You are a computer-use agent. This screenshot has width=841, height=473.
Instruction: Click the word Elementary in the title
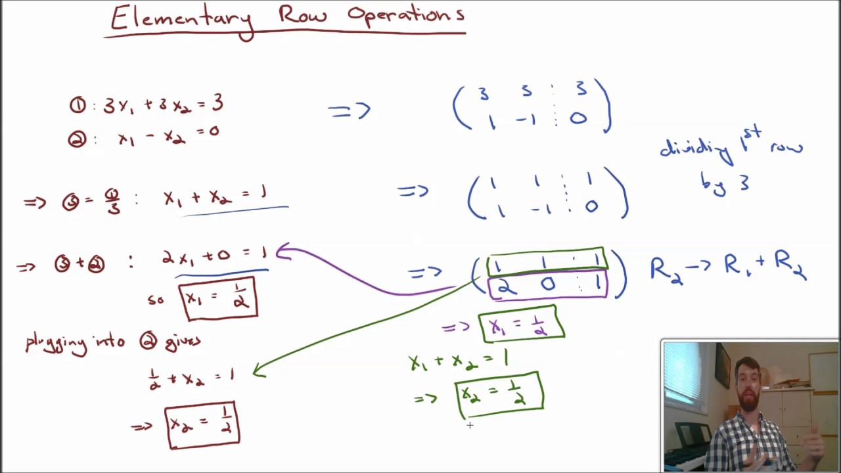click(181, 18)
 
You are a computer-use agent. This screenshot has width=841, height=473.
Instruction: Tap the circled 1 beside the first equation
click(78, 105)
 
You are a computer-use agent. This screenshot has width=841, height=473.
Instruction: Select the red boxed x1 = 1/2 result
click(218, 298)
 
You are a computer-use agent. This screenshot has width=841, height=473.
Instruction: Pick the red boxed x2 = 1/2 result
click(202, 425)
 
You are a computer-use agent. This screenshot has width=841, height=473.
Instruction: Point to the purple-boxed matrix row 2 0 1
click(547, 285)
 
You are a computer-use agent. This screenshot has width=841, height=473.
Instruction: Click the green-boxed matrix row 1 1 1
click(547, 263)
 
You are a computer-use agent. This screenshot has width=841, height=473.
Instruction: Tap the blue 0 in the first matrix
click(578, 119)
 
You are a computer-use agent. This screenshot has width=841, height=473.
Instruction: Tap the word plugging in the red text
click(57, 343)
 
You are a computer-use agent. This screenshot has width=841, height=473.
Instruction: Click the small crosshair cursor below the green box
click(470, 426)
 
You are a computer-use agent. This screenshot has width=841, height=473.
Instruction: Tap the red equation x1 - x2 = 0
click(168, 135)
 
